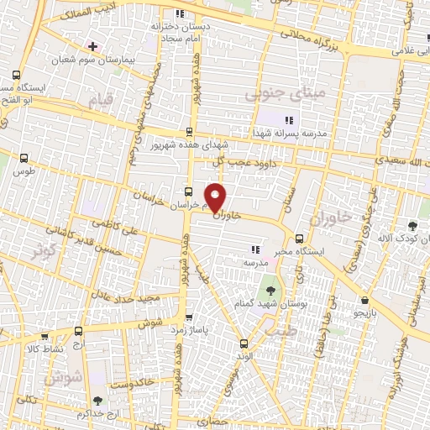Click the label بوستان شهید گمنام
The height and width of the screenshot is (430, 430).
(x=291, y=303)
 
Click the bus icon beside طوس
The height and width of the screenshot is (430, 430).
(x=24, y=157)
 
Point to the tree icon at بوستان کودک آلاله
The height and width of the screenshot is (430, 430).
(x=412, y=225)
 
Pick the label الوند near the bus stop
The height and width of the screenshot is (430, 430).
(x=244, y=355)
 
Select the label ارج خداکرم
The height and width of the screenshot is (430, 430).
(x=92, y=414)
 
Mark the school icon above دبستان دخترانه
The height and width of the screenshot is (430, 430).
(x=179, y=14)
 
